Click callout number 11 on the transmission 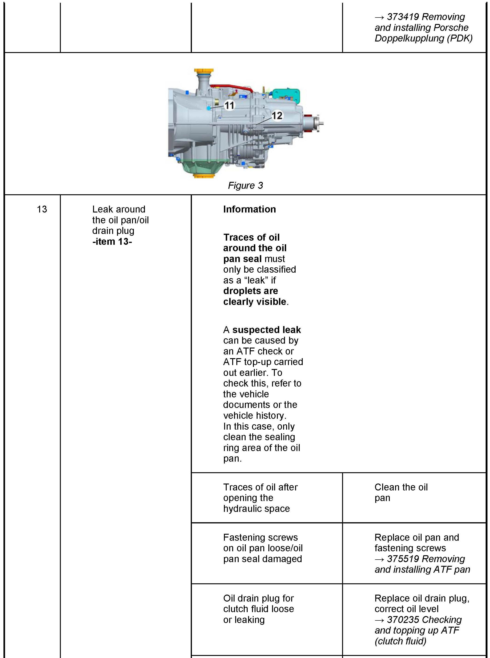[229, 105]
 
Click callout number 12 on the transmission [277, 115]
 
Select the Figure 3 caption [245, 185]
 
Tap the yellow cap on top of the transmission [204, 72]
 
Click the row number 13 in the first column [42, 209]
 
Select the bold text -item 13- [112, 242]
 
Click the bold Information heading [249, 209]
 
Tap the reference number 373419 [403, 17]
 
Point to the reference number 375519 [403, 559]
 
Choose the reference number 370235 [403, 620]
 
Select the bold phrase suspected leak [266, 330]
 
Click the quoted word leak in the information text [257, 280]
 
